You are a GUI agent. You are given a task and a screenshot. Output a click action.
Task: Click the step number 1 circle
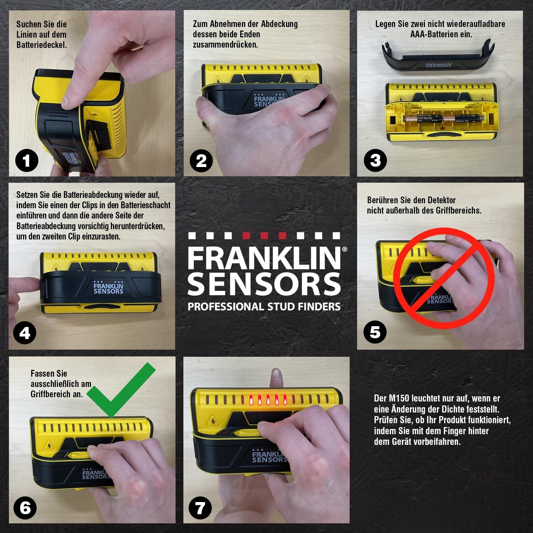click(x=27, y=161)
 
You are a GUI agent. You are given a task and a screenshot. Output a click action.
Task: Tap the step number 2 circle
click(x=201, y=161)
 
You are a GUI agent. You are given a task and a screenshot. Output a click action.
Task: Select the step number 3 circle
click(x=375, y=161)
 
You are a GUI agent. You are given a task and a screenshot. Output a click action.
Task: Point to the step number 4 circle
click(x=25, y=333)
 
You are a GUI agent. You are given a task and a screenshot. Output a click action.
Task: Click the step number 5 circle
click(x=375, y=332)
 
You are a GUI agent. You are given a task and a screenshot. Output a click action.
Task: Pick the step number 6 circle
click(x=25, y=507)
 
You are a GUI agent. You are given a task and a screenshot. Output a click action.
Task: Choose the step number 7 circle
click(x=200, y=507)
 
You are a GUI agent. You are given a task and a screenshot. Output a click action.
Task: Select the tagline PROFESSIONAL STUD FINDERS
click(x=264, y=306)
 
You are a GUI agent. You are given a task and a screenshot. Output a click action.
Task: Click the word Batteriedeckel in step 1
click(x=41, y=45)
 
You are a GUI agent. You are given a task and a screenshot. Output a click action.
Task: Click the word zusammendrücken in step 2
click(x=225, y=45)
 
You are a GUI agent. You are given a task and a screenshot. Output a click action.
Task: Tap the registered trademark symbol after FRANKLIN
click(x=344, y=249)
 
